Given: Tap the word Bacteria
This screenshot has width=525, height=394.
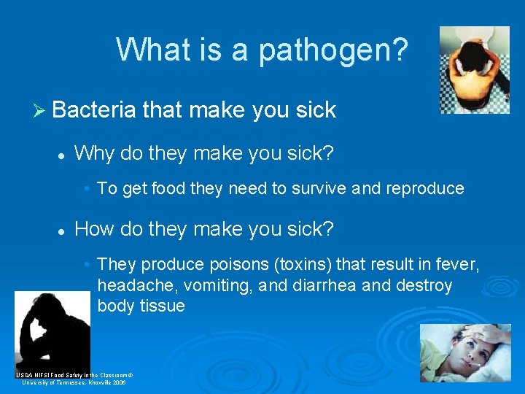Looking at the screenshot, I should click(x=94, y=110).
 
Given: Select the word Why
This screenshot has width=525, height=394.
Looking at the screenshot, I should click(x=91, y=153).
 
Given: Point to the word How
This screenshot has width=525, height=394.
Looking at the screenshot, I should click(x=93, y=230).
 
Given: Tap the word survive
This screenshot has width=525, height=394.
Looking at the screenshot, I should click(x=319, y=188).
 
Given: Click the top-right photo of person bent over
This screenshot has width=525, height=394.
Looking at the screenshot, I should click(x=475, y=70).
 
